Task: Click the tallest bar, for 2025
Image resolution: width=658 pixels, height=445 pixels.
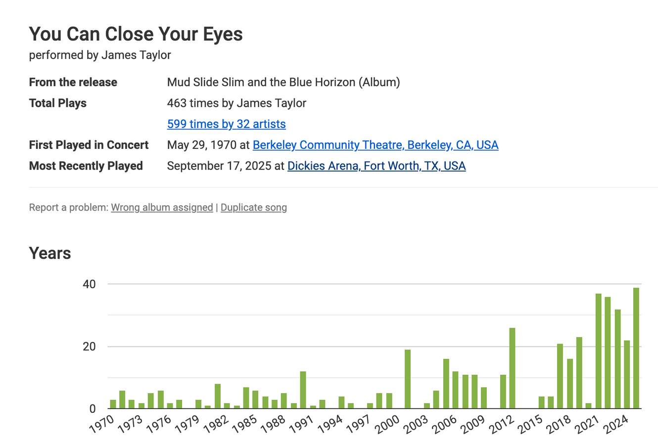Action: click(636, 348)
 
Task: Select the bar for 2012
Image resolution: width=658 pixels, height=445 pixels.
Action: click(513, 368)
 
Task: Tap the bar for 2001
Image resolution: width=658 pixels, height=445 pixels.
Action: click(408, 379)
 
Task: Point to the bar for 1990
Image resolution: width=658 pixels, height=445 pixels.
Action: click(303, 390)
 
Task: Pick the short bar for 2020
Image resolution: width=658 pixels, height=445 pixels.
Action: click(588, 406)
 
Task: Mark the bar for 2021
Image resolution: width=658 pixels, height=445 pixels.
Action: click(598, 351)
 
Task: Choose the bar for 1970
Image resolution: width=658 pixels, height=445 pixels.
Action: click(113, 404)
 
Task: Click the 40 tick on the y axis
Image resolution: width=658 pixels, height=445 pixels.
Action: click(89, 284)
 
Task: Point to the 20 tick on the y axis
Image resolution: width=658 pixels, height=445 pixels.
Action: click(89, 347)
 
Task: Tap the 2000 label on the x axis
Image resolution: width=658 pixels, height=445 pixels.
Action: click(387, 424)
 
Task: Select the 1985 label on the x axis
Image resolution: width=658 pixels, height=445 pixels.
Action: click(244, 424)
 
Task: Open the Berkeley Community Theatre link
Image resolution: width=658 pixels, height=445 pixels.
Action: click(375, 145)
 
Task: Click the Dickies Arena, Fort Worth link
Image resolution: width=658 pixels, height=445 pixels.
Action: click(376, 166)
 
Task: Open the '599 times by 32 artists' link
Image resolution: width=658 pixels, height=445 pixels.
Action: click(226, 124)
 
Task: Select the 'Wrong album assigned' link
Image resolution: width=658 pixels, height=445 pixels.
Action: click(162, 208)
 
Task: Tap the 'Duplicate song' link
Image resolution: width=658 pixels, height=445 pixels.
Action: click(253, 208)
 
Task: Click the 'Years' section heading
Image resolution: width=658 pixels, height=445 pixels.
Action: click(50, 253)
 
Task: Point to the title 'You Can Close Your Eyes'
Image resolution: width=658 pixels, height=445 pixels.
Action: click(136, 34)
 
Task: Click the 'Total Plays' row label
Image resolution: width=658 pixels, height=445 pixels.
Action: click(58, 103)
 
